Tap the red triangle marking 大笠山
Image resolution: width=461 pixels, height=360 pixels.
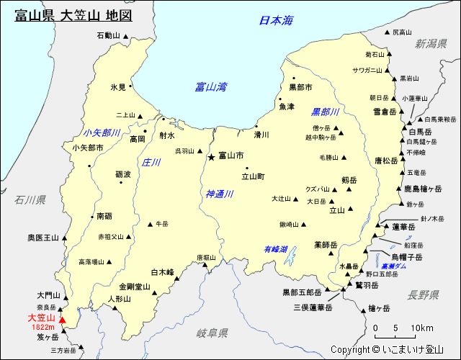pyautogui.click(x=62, y=320)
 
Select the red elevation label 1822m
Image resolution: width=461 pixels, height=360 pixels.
pyautogui.click(x=45, y=327)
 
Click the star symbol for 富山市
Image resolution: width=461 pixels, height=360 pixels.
pyautogui.click(x=211, y=156)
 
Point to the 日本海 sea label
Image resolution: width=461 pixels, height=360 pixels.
pyautogui.click(x=277, y=21)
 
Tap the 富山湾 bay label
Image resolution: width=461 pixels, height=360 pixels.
pyautogui.click(x=210, y=87)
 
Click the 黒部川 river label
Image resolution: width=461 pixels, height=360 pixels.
pyautogui.click(x=325, y=112)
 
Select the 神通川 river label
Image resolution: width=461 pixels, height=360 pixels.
pyautogui.click(x=219, y=194)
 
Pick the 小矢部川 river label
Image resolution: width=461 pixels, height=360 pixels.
pyautogui.click(x=102, y=132)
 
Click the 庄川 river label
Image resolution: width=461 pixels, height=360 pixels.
pyautogui.click(x=151, y=163)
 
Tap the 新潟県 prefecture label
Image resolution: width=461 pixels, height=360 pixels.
pyautogui.click(x=431, y=44)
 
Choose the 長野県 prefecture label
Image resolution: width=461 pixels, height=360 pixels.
pyautogui.click(x=423, y=294)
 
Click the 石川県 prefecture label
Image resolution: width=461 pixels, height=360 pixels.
pyautogui.click(x=30, y=199)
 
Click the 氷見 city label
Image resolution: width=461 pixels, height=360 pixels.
pyautogui.click(x=118, y=87)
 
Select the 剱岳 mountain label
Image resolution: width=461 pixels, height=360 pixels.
pyautogui.click(x=349, y=180)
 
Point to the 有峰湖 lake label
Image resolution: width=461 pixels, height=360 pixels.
pyautogui.click(x=275, y=249)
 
